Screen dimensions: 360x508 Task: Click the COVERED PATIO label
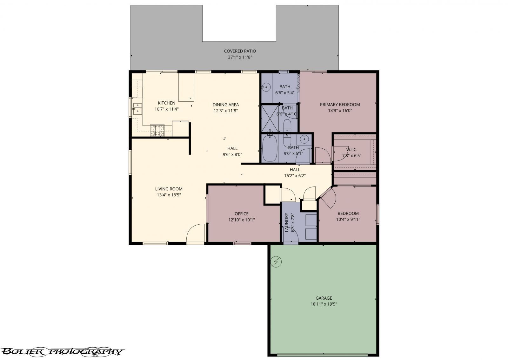240,51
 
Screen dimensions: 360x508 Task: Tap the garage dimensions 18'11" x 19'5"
324,304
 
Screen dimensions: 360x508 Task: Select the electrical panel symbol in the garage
276,261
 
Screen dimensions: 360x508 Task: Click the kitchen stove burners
157,130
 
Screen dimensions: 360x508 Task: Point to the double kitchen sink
137,108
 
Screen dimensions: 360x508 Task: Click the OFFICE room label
241,214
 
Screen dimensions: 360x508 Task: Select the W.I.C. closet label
351,149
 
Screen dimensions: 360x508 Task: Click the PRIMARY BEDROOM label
340,105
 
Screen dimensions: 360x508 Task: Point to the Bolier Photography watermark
62,351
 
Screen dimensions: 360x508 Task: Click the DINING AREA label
225,105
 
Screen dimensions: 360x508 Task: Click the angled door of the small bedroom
328,197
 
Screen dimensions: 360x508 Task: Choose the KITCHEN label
166,103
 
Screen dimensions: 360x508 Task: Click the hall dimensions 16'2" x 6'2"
295,175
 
